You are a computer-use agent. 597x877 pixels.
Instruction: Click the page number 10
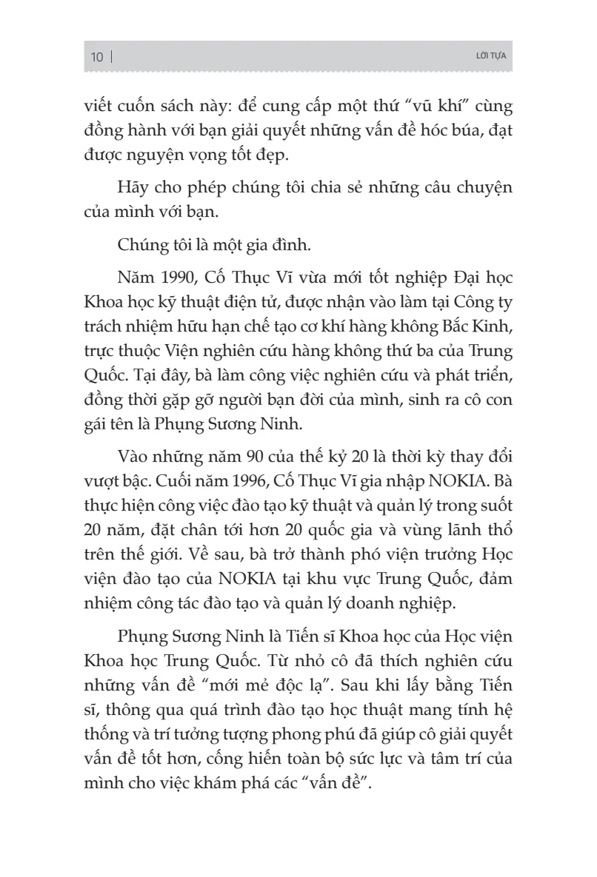(96, 58)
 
